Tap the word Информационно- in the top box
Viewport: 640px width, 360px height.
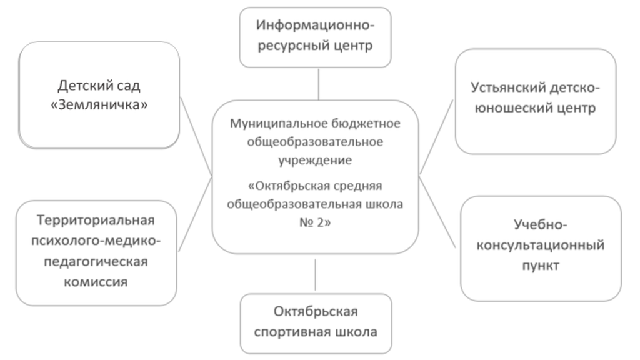pos(316,26)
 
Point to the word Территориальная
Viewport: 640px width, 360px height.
pos(96,221)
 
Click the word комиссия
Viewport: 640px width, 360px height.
pos(96,281)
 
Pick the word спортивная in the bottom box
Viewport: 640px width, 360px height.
pos(296,331)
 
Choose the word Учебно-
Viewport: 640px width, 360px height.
pos(541,224)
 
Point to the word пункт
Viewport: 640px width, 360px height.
pos(541,265)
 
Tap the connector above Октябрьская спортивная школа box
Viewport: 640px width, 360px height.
pos(315,274)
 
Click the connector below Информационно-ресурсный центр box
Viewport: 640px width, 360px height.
pos(319,84)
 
